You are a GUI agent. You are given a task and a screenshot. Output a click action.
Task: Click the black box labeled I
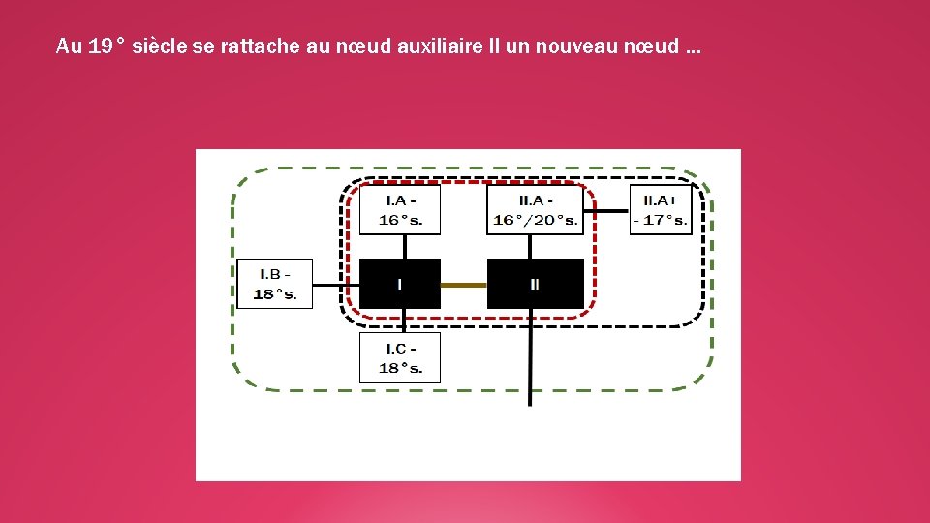click(400, 284)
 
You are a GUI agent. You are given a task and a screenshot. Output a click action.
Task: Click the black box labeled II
click(535, 284)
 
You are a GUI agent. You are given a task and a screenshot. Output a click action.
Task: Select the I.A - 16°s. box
click(400, 209)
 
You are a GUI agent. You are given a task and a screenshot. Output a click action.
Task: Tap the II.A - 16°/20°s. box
click(535, 209)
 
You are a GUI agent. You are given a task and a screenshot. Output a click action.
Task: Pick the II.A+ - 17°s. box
click(661, 209)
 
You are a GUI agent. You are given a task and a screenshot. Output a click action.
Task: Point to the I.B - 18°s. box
click(275, 284)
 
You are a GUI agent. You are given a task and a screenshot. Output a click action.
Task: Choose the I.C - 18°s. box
click(400, 357)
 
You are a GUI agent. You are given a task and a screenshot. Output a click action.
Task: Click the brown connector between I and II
click(463, 285)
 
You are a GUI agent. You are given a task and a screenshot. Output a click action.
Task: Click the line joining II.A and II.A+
click(606, 210)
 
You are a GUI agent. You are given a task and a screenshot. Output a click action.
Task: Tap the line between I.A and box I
click(405, 246)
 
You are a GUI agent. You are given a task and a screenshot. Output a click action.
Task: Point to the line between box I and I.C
click(405, 321)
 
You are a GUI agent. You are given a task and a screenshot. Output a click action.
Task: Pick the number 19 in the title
click(99, 46)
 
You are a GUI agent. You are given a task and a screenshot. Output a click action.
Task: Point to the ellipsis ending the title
click(694, 48)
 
